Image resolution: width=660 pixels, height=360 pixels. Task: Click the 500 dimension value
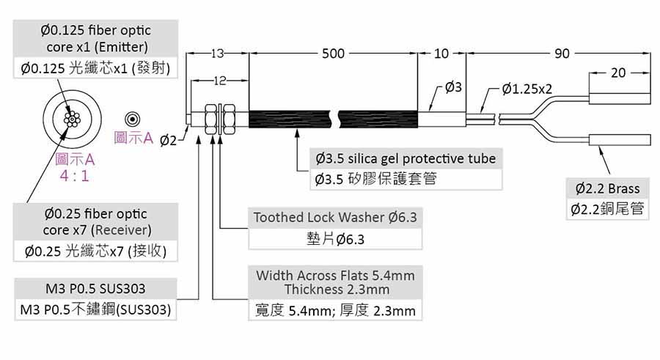[333, 54]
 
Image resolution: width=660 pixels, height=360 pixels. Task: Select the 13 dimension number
[218, 54]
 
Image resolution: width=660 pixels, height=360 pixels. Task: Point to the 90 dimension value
[562, 54]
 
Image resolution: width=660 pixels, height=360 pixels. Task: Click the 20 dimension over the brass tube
[618, 73]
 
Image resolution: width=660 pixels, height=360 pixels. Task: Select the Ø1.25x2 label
[527, 89]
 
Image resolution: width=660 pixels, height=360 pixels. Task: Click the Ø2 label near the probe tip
[168, 140]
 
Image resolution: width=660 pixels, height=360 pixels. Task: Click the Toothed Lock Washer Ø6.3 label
[334, 218]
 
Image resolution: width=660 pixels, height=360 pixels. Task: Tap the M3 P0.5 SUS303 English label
[99, 288]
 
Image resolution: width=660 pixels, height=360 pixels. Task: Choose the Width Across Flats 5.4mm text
[335, 276]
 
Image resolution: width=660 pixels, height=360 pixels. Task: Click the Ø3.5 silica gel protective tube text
[406, 158]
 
